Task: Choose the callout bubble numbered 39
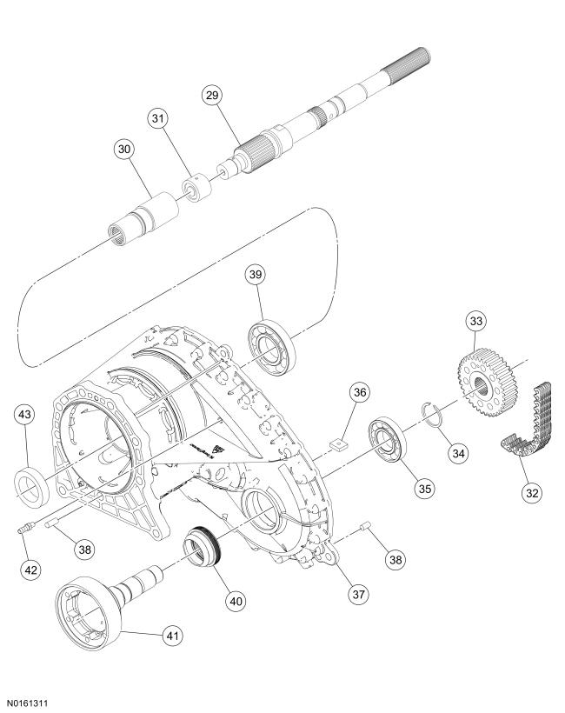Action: [255, 276]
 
